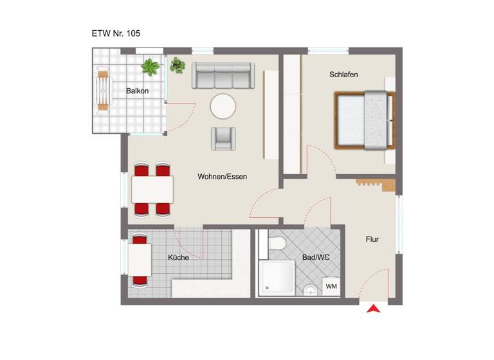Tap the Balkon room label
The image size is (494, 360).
tap(137, 91)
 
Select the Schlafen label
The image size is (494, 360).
tap(343, 75)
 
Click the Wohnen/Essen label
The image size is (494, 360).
tap(222, 176)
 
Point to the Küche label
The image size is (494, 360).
tap(178, 257)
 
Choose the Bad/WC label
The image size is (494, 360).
tap(316, 257)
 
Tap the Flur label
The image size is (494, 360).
tap(372, 239)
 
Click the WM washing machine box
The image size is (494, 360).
tap(331, 286)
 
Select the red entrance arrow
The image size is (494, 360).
tap(373, 309)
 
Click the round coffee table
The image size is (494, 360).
tap(224, 106)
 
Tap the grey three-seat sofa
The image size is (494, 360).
tap(223, 76)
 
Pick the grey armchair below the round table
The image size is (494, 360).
tap(223, 138)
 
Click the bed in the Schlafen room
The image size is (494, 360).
tap(363, 120)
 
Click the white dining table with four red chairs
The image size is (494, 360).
tap(152, 190)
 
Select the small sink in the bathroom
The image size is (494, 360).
tap(311, 290)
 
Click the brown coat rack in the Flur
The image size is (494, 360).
tap(375, 184)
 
